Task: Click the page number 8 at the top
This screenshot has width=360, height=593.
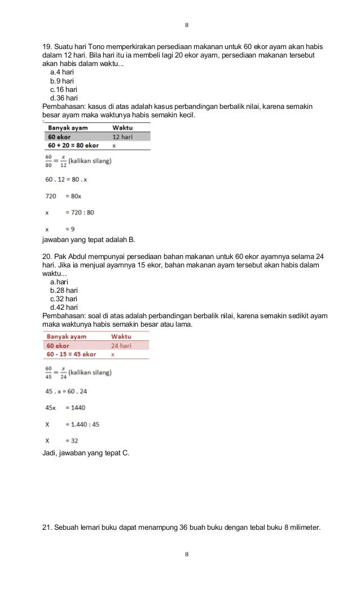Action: [x=187, y=26]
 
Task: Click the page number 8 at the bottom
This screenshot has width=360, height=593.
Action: [x=187, y=555]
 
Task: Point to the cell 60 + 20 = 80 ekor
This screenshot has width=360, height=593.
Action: [x=73, y=145]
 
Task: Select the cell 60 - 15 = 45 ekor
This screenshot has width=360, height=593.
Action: [x=71, y=354]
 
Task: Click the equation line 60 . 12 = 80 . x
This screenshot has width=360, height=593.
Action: [x=67, y=179]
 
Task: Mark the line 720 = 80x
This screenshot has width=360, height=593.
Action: [x=67, y=196]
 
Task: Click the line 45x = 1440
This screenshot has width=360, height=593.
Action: [x=65, y=407]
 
